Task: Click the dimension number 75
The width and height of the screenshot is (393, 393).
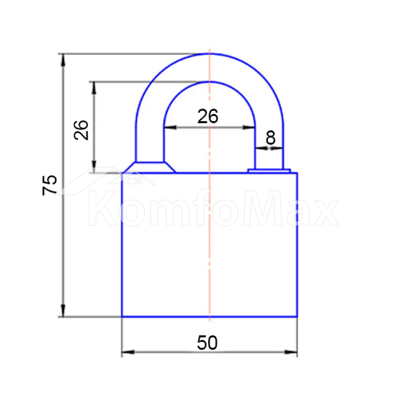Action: point(50,185)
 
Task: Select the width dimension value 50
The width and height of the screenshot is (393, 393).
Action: point(207,343)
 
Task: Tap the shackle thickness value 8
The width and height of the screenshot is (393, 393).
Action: point(270,138)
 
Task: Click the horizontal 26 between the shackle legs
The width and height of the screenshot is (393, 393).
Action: point(208,116)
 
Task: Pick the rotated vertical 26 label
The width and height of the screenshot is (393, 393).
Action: point(81,130)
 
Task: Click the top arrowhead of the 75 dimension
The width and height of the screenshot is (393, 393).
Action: point(63,60)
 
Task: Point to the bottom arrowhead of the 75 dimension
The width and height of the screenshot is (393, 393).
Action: point(63,311)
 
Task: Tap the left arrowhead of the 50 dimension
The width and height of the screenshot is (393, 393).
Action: point(128,352)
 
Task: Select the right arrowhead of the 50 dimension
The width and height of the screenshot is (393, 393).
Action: point(291,352)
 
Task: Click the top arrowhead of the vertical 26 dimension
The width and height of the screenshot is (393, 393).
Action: point(94,88)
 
